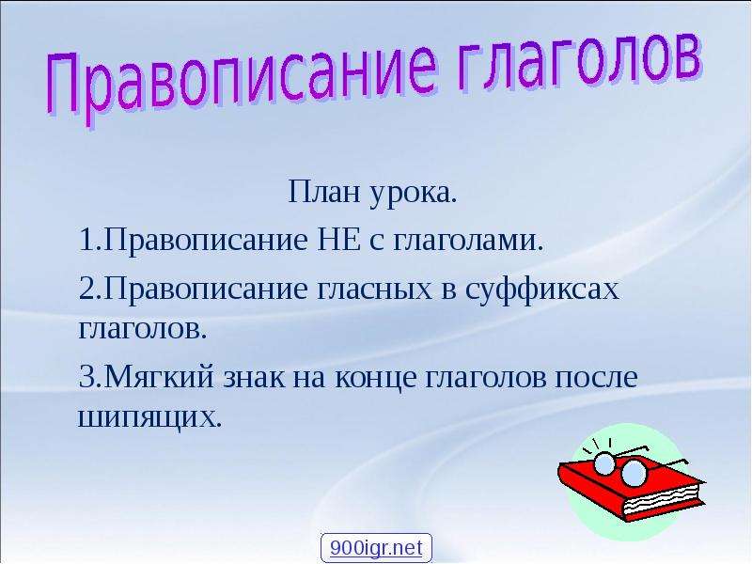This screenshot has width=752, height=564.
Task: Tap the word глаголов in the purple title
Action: coord(579,65)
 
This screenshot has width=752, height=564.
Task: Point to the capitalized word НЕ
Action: coord(339,241)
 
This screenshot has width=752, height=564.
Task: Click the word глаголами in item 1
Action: coord(468,242)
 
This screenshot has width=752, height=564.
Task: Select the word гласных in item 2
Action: coord(374,290)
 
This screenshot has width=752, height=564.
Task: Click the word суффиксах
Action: coord(542,290)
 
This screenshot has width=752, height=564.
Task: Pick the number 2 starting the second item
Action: coord(86,289)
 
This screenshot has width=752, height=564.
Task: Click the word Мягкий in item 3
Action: coord(159,377)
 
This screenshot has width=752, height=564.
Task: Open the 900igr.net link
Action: coord(376,548)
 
